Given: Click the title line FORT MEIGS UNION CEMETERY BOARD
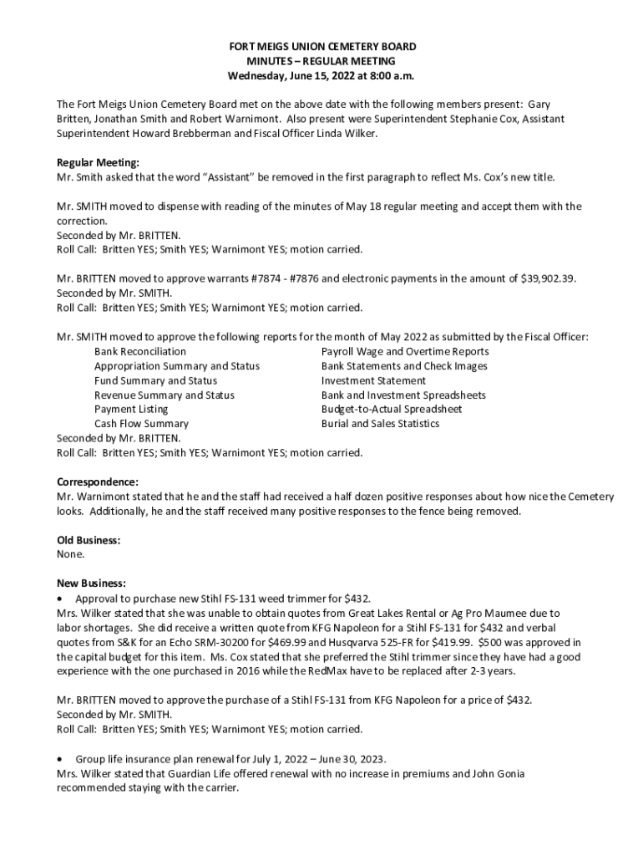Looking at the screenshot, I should pos(321,47).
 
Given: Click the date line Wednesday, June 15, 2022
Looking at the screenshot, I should pos(321,76).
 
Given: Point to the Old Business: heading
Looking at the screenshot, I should pos(89,540).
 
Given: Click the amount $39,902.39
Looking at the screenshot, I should pos(549,278).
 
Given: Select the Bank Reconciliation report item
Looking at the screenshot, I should pos(140,352).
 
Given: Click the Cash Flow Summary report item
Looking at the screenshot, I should pos(141,424).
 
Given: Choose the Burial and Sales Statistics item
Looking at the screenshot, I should pos(380,424).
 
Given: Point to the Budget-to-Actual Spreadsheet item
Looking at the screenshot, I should pos(392,410).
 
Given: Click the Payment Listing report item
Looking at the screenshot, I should pos(131,410).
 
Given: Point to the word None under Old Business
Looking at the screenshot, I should pos(70,554).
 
